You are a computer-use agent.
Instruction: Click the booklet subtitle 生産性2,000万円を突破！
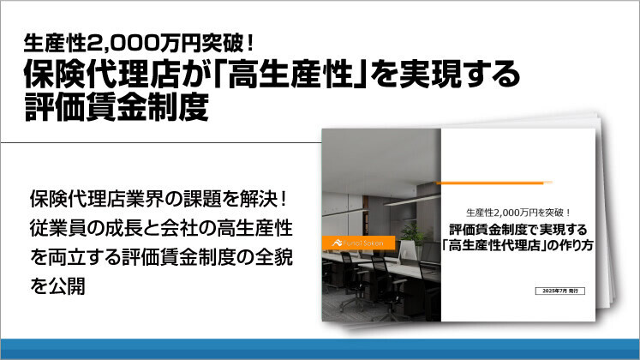click(517, 212)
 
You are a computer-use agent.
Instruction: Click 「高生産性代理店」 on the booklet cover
click(498, 245)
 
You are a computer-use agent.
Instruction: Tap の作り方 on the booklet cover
click(571, 245)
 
